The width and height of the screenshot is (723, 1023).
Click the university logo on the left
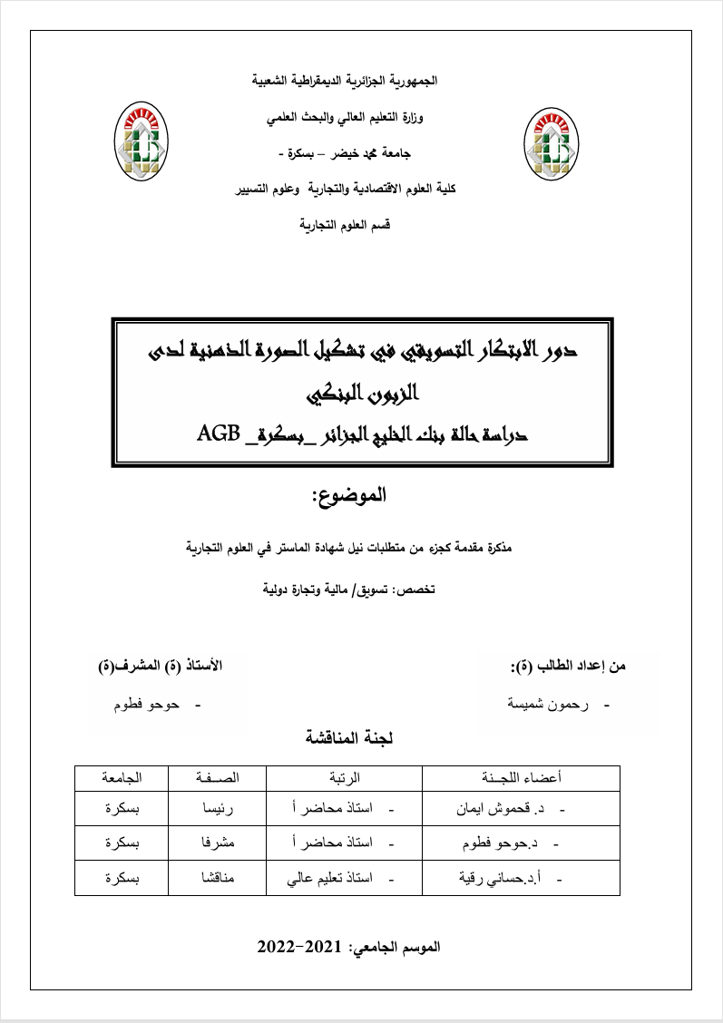(x=143, y=141)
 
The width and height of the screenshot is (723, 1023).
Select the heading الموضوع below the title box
(x=347, y=495)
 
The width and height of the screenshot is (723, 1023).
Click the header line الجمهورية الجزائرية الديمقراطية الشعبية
(x=345, y=81)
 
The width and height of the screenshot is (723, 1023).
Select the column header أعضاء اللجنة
(x=521, y=778)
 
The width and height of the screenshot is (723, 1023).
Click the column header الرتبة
(x=344, y=778)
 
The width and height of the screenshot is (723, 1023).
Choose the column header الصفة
(x=218, y=778)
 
